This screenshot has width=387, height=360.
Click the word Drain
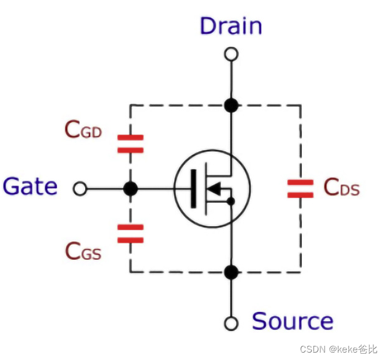point(231,26)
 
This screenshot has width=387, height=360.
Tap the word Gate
point(30,186)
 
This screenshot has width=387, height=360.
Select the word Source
point(293,321)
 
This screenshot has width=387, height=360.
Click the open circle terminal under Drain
point(231,55)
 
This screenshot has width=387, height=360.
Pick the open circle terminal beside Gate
point(80,189)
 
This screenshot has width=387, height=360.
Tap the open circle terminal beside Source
point(231,323)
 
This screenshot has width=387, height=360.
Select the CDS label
point(341,188)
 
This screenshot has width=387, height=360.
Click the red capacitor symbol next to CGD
point(130,144)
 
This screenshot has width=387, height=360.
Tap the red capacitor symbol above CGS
point(130,234)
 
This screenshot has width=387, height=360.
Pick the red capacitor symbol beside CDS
point(301,188)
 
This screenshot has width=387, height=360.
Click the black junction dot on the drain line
point(231,105)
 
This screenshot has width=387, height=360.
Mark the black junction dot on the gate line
point(130,189)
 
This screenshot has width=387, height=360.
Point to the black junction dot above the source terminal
point(231,272)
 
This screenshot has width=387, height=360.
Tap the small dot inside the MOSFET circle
point(231,201)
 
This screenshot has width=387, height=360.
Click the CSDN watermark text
point(338,350)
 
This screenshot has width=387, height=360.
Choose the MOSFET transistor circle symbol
point(212,188)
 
